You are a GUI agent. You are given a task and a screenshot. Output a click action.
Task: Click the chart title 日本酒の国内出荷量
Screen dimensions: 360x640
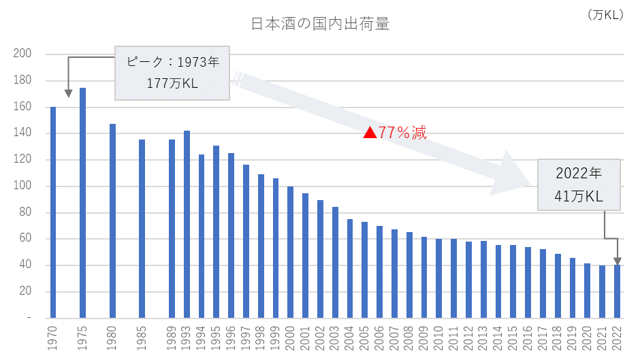(x=320, y=25)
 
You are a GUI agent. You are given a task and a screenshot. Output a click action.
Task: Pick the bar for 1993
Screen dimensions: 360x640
(x=187, y=225)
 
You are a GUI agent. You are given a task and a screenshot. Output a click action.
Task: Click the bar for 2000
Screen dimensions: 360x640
(x=290, y=252)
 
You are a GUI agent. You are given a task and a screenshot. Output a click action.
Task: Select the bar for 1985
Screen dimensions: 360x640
(x=142, y=229)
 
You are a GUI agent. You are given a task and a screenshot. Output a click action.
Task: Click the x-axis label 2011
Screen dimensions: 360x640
(x=453, y=337)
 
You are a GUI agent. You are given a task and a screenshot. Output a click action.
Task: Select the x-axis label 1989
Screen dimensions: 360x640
(x=172, y=337)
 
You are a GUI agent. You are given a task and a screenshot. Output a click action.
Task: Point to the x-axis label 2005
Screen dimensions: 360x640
(x=365, y=337)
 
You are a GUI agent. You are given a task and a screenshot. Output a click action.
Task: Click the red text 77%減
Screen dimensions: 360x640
(x=403, y=133)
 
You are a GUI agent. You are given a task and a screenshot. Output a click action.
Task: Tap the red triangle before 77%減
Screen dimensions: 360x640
(x=370, y=133)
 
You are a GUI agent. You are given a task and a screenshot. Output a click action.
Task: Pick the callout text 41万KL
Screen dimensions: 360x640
(x=579, y=197)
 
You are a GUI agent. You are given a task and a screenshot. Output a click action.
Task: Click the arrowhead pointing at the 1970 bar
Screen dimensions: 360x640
(x=67, y=94)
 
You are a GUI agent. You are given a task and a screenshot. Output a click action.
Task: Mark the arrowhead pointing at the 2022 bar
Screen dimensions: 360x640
(x=617, y=261)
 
